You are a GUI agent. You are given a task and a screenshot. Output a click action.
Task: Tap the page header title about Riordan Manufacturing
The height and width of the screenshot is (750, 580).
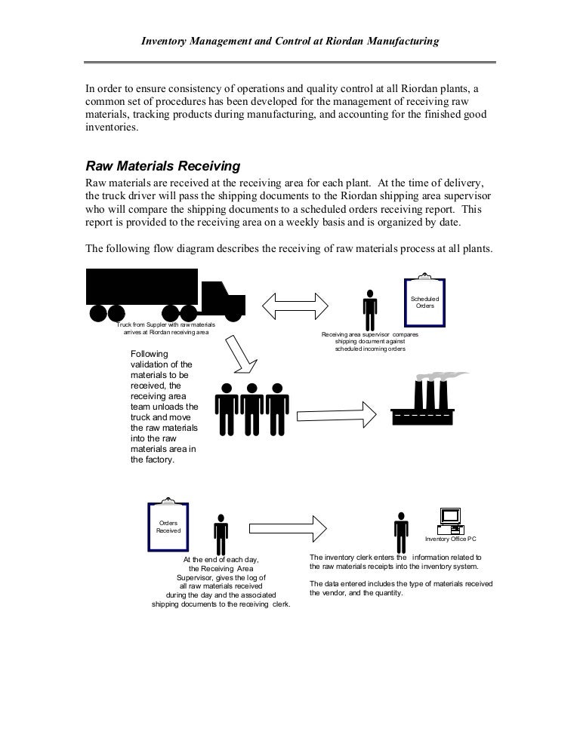tap(290, 42)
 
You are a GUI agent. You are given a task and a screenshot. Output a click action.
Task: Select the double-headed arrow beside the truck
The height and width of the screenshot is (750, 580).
tap(295, 306)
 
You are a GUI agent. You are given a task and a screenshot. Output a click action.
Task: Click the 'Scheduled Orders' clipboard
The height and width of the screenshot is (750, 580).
tap(424, 302)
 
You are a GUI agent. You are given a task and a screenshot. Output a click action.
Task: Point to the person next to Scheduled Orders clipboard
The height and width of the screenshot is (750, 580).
tap(369, 309)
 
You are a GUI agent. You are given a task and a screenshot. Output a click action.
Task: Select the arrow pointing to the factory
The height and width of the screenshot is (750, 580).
tap(335, 414)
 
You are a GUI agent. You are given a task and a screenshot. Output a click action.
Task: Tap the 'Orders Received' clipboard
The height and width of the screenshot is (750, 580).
tap(168, 526)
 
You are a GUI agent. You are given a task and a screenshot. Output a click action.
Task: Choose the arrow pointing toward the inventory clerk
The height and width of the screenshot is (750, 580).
tap(288, 526)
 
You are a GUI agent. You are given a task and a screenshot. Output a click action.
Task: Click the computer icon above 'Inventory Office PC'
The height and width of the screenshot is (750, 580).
tap(450, 520)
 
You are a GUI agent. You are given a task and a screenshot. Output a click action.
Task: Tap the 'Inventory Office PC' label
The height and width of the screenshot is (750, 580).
tap(450, 539)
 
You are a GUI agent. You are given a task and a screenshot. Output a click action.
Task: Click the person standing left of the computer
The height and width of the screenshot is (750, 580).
tap(401, 533)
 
